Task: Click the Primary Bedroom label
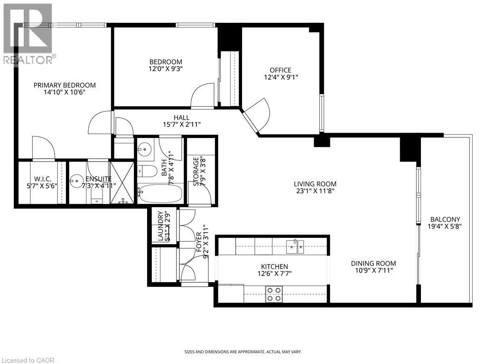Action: click(x=65, y=85)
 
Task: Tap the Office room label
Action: click(x=280, y=70)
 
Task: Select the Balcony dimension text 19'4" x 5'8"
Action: click(x=445, y=227)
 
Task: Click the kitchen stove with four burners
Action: click(x=273, y=294)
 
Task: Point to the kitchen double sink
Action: click(x=295, y=245)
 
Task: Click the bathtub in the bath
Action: click(x=160, y=193)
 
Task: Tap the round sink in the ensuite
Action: click(x=76, y=180)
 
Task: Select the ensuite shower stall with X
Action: click(x=122, y=182)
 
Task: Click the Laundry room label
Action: click(x=160, y=226)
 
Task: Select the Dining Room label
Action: click(x=373, y=264)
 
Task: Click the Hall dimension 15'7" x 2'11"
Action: click(x=181, y=125)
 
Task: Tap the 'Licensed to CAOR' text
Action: click(x=28, y=360)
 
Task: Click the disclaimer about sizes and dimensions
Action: click(x=243, y=352)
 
